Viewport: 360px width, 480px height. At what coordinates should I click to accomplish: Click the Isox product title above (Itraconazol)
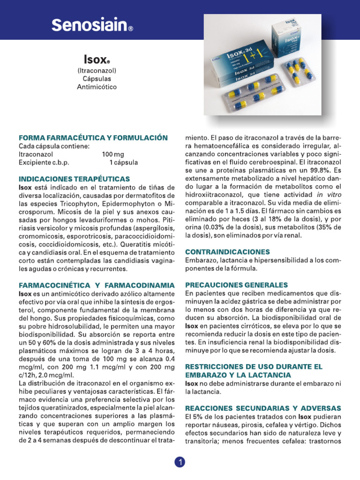point(97,60)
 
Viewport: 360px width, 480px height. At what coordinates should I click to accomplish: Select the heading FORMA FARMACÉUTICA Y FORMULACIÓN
point(93,138)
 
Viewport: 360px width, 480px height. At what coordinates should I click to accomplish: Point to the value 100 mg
point(112,154)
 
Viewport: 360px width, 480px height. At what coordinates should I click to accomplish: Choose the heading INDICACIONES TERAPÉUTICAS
point(74,179)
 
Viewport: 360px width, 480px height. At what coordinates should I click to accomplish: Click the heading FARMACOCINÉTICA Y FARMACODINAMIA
point(96,285)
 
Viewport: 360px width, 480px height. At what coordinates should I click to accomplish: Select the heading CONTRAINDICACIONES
point(228,252)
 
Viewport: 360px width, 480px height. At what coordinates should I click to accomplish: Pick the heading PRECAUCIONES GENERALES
point(236,285)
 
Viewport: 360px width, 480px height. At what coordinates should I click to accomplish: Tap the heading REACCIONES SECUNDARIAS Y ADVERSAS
point(263,408)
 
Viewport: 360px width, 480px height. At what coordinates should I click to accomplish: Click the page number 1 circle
point(180,462)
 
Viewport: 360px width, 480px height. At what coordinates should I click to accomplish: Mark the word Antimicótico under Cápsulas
point(97,87)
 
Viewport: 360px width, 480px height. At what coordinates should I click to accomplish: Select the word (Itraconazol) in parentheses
point(97,70)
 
